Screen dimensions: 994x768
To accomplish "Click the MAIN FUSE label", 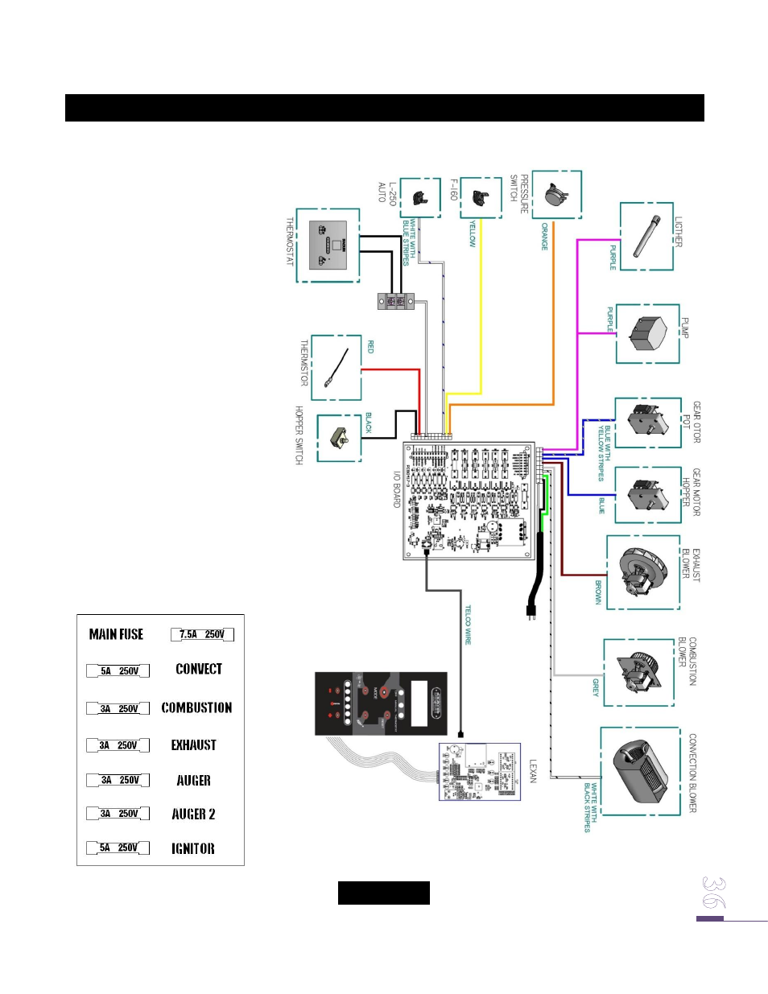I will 116,634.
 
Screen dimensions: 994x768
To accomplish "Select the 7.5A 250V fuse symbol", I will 202,634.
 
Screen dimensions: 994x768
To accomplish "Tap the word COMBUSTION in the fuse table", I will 196,707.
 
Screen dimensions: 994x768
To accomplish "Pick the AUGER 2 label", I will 193,814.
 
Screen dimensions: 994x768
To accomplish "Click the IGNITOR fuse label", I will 192,848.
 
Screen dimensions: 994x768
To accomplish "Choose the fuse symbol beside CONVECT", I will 118,670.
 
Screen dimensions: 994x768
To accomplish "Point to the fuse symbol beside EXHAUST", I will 118,745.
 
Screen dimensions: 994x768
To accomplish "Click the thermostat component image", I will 328,245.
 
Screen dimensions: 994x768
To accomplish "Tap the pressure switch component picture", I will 556,195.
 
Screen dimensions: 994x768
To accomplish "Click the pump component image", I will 648,334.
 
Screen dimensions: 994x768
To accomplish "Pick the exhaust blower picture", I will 642,572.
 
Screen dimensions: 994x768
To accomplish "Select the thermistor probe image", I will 337,368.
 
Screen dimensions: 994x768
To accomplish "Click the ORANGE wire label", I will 544,237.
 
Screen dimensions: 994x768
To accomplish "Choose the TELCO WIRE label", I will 468,625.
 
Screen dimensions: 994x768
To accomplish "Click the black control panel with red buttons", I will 380,703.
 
